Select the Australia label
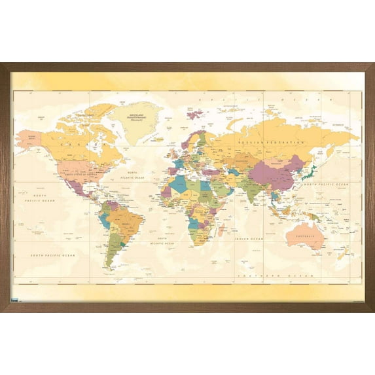click(306, 236)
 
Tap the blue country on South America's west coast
click(105, 220)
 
